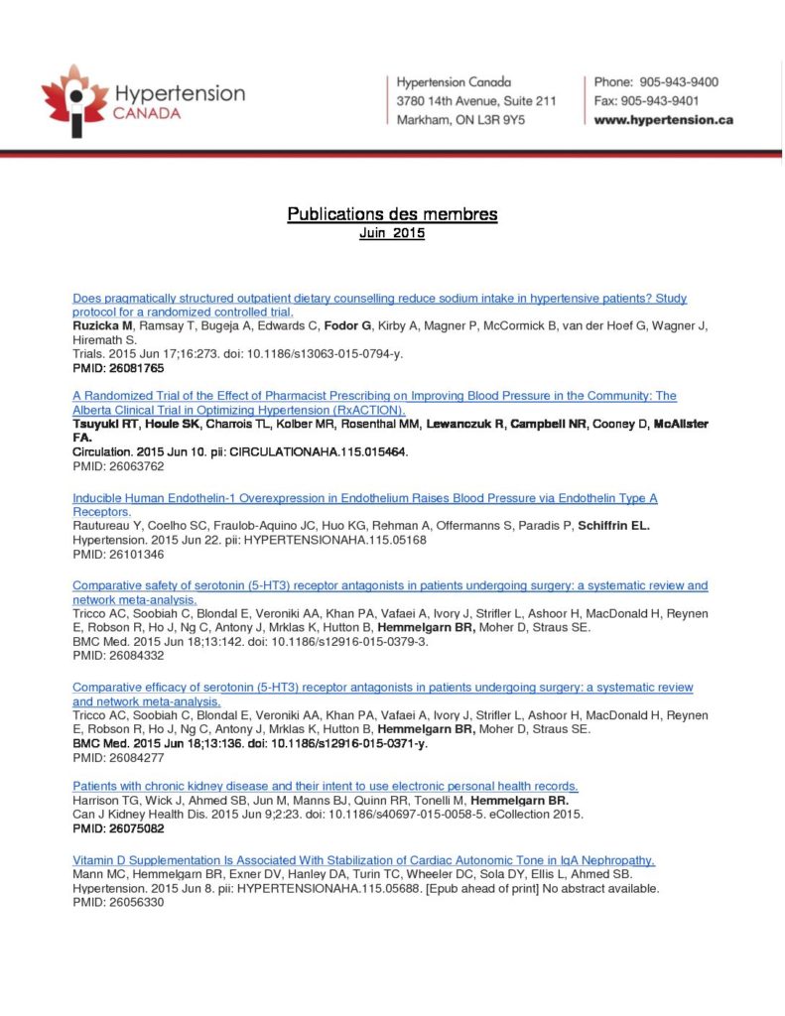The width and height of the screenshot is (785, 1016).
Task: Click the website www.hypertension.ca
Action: pyautogui.click(x=663, y=120)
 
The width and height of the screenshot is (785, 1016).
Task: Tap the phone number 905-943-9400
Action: pyautogui.click(x=678, y=82)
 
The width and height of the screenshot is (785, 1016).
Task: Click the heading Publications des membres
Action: pyautogui.click(x=392, y=214)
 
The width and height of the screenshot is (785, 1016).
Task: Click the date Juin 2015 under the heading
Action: pyautogui.click(x=392, y=235)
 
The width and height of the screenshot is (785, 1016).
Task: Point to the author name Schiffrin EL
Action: pyautogui.click(x=614, y=525)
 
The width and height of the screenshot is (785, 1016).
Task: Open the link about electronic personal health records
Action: pyautogui.click(x=326, y=787)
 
